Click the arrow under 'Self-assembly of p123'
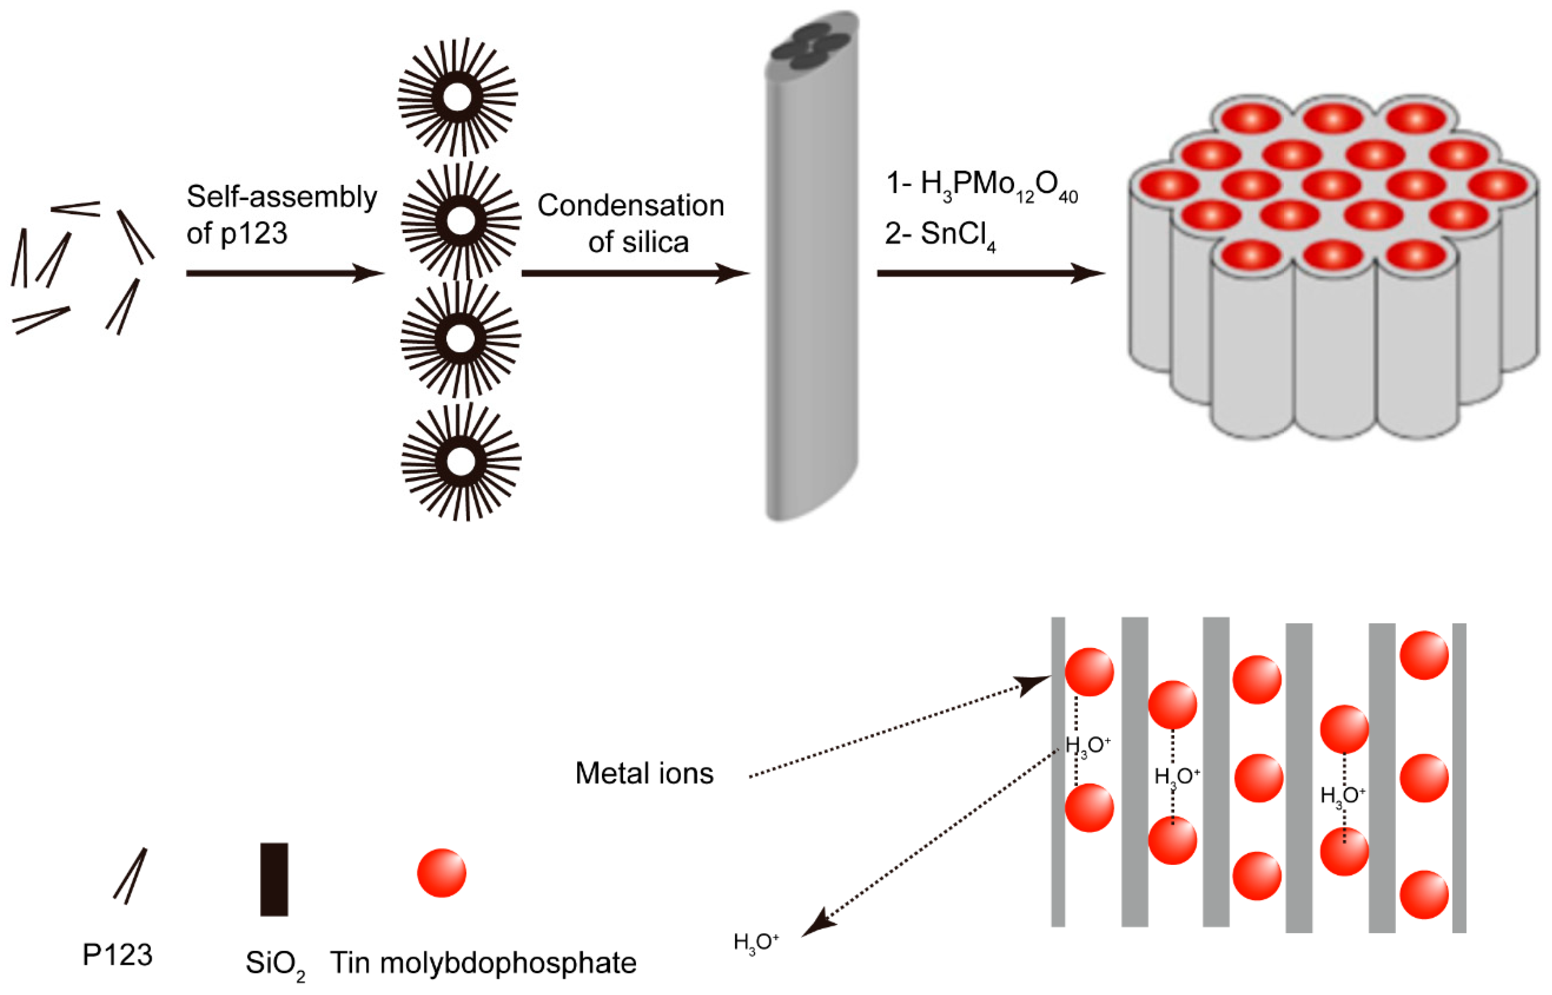pyautogui.click(x=284, y=273)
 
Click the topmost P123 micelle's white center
pyautogui.click(x=458, y=98)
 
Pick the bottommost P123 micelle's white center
pyautogui.click(x=461, y=462)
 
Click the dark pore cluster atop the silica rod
pyautogui.click(x=811, y=47)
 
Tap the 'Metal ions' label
pyautogui.click(x=644, y=774)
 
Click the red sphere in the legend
pyautogui.click(x=441, y=873)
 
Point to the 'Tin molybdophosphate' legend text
pyautogui.click(x=483, y=963)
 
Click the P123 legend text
pyautogui.click(x=118, y=955)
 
